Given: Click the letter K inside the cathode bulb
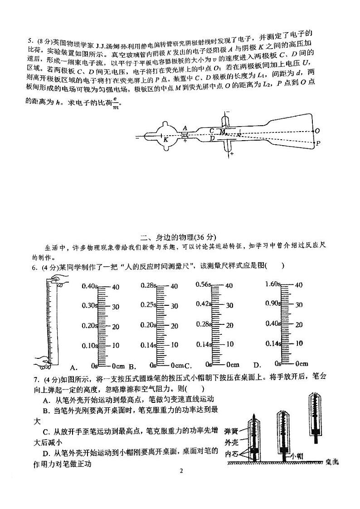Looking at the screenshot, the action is pyautogui.click(x=166, y=140).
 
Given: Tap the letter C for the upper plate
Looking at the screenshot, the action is pyautogui.click(x=212, y=131).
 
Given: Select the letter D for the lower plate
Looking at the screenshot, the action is pyautogui.click(x=212, y=138).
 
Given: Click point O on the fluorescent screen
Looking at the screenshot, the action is pyautogui.click(x=317, y=131).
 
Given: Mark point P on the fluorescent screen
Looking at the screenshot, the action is pyautogui.click(x=318, y=143).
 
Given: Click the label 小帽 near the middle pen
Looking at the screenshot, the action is pyautogui.click(x=297, y=455).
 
